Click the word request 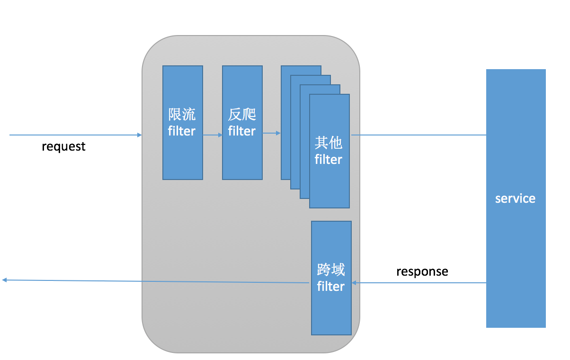(x=63, y=146)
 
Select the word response (x=422, y=271)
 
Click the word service (x=515, y=198)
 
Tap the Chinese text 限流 (x=182, y=115)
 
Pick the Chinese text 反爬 (x=242, y=115)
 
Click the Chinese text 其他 (x=329, y=143)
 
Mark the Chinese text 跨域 (x=330, y=270)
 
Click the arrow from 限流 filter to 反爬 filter (x=213, y=135)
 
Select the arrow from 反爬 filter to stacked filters (x=272, y=133)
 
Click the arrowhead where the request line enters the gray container (x=140, y=135)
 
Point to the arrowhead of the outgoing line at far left (x=4, y=280)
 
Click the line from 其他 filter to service (x=417, y=135)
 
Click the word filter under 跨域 (x=330, y=286)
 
